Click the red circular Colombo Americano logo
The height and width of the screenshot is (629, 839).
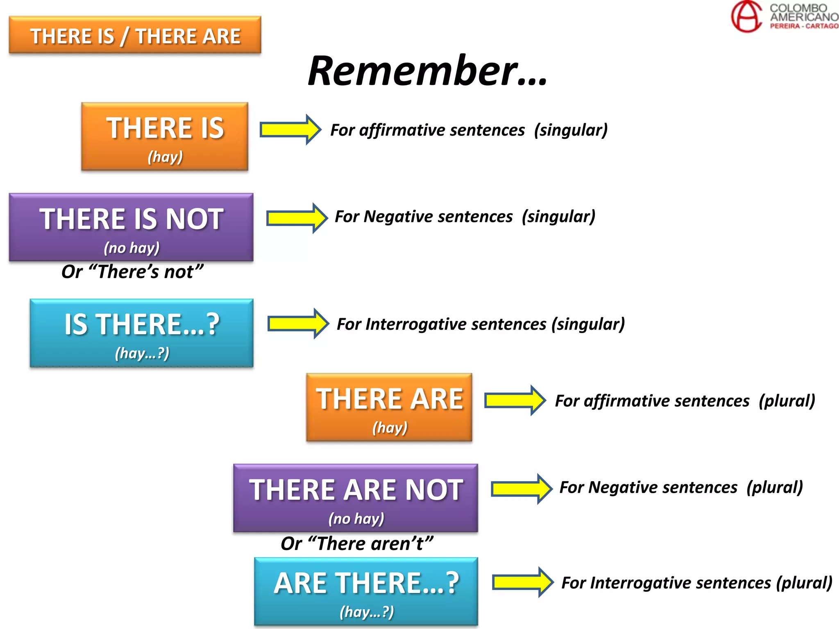(x=746, y=16)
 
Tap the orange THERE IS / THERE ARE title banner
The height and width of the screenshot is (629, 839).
(x=135, y=35)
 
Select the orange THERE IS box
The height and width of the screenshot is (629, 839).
(x=165, y=136)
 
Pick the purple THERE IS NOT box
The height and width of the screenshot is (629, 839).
(x=131, y=227)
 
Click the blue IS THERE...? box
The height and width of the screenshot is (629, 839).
(x=142, y=333)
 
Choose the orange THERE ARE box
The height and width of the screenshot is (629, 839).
(x=389, y=407)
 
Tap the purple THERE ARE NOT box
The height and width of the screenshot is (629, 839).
(x=356, y=498)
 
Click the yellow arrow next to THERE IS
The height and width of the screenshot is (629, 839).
(x=290, y=130)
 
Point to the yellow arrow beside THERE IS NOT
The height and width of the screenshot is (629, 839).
(x=297, y=218)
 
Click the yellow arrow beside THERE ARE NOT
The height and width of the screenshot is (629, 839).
(x=522, y=489)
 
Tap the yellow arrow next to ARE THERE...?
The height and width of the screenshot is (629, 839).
(x=523, y=582)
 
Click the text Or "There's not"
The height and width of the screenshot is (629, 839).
(x=132, y=272)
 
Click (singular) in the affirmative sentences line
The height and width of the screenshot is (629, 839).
(x=571, y=130)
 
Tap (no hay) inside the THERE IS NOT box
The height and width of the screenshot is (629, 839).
(x=132, y=248)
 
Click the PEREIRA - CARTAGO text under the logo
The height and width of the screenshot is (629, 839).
(x=804, y=26)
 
